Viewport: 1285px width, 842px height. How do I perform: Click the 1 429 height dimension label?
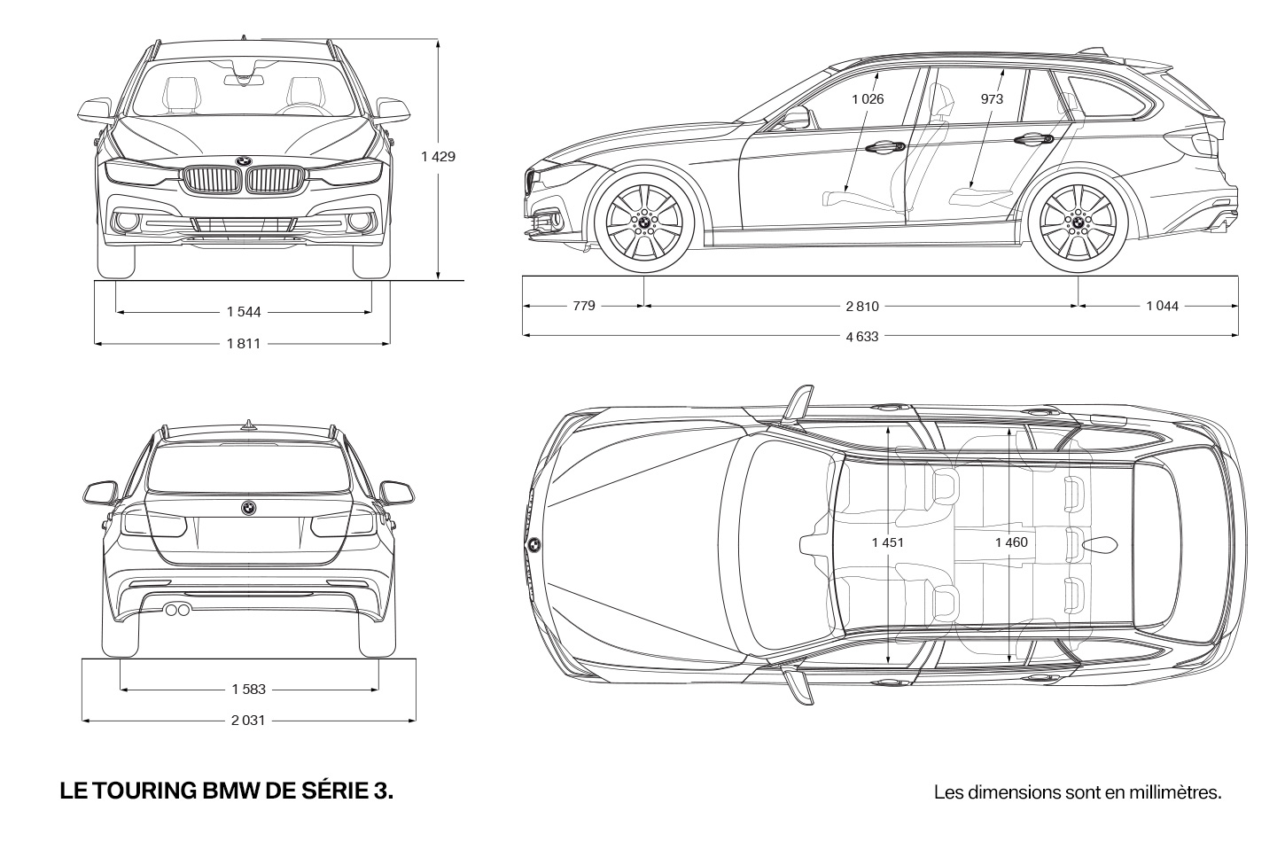coord(439,157)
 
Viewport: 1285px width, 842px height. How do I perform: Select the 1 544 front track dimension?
coord(244,312)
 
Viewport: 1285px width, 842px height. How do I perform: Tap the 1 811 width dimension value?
coord(244,344)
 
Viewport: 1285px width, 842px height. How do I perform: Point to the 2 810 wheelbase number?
coord(862,307)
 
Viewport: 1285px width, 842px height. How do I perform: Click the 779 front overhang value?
coord(584,306)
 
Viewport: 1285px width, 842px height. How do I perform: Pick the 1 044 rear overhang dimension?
coord(1162,307)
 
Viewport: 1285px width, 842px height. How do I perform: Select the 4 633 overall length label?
coord(862,337)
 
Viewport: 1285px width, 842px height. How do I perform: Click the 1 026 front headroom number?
coord(868,99)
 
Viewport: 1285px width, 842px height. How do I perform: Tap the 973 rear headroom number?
coord(992,99)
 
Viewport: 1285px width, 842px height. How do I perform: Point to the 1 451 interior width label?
coord(888,542)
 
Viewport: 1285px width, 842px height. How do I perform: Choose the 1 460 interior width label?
coord(1011,542)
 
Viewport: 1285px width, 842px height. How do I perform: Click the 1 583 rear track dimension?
coord(249,690)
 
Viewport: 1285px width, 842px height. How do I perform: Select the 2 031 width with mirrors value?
coord(248,721)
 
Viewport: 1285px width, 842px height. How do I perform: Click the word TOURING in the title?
coord(144,791)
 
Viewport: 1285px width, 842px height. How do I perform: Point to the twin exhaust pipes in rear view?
coord(177,610)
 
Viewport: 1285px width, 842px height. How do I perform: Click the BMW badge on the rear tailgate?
coord(248,508)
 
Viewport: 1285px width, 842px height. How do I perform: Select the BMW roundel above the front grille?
coord(243,161)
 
